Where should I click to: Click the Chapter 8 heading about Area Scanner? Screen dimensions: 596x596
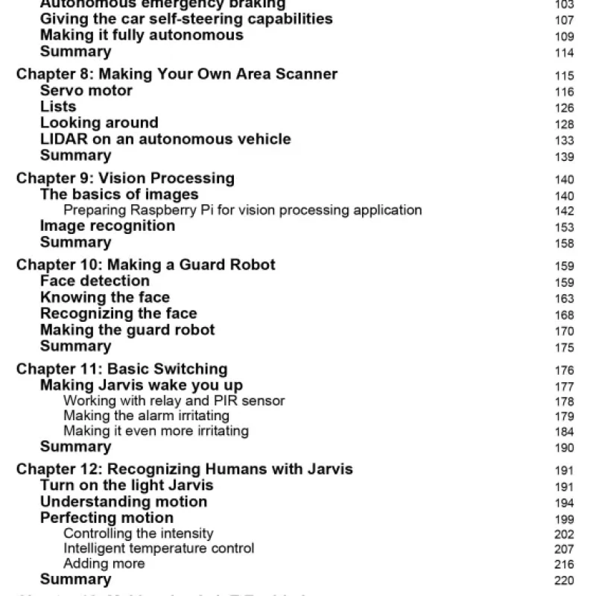(177, 74)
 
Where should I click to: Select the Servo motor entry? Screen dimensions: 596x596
(86, 91)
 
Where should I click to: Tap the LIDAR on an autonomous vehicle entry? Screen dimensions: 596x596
(165, 139)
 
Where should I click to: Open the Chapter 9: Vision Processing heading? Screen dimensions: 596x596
(125, 179)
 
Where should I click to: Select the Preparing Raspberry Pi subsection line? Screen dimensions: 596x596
(242, 210)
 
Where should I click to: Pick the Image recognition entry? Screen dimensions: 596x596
(107, 226)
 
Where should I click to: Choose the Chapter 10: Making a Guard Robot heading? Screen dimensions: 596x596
(145, 265)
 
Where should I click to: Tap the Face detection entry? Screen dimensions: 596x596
(95, 281)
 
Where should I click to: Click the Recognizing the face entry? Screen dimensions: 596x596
(118, 314)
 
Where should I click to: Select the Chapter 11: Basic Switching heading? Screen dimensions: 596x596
(121, 370)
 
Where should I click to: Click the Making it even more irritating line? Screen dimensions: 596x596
(156, 431)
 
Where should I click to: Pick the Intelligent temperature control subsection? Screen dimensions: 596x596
(159, 548)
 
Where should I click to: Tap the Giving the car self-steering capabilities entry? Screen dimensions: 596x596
(186, 19)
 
